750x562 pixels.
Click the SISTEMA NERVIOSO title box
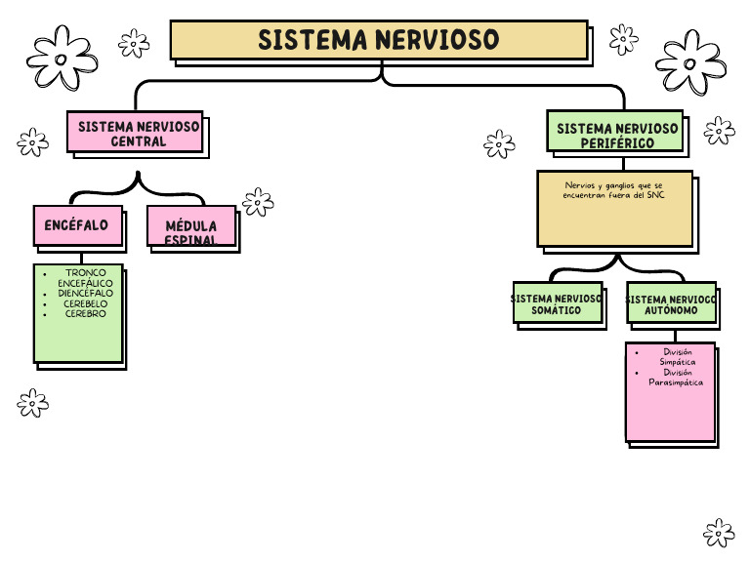(x=379, y=40)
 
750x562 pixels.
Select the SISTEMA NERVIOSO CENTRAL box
(x=135, y=132)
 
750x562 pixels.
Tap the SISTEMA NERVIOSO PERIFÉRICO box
(x=614, y=132)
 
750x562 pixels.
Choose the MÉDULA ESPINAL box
(x=191, y=226)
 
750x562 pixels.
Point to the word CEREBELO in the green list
(x=85, y=303)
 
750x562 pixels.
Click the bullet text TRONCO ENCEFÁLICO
(x=85, y=278)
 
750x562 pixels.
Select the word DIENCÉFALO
(x=85, y=293)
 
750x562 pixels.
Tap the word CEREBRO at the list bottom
(x=85, y=314)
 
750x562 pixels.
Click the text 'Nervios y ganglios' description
(x=614, y=190)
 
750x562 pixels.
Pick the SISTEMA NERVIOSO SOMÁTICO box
(x=557, y=303)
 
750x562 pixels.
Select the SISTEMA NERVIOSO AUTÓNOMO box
(x=671, y=303)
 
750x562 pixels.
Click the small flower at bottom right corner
(x=719, y=533)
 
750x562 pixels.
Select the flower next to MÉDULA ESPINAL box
(x=258, y=202)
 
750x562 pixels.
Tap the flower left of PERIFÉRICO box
(x=499, y=144)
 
